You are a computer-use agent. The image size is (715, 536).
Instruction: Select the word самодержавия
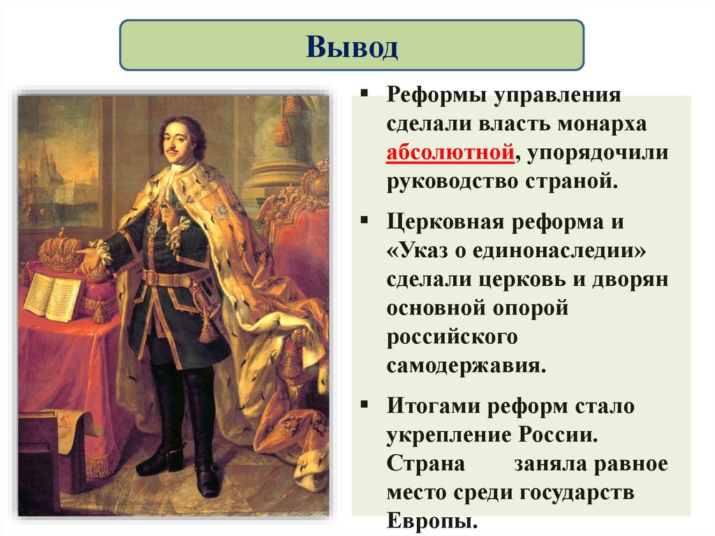[x=466, y=365]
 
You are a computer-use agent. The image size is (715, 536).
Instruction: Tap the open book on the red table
[x=53, y=296]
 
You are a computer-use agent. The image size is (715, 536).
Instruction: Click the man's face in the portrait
[x=177, y=140]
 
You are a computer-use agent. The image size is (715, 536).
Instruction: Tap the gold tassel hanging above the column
[x=283, y=129]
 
